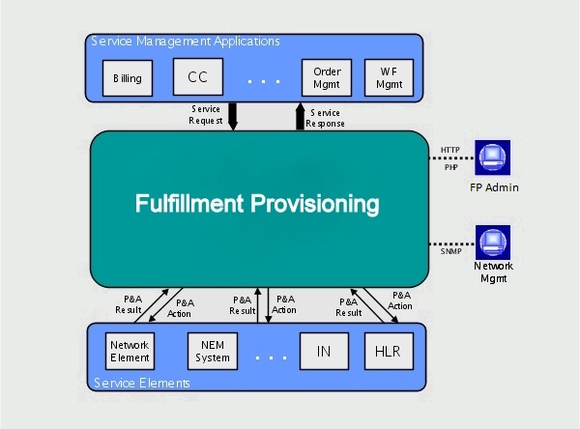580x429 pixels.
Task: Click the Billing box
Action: pos(128,78)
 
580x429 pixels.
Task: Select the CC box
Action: pos(198,77)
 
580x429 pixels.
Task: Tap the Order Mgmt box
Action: pos(327,77)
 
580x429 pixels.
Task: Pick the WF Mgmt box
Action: pos(390,77)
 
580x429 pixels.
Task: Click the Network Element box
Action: pos(130,351)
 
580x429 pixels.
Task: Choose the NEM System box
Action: pos(213,351)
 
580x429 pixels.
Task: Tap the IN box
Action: pos(324,351)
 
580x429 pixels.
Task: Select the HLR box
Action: pos(389,351)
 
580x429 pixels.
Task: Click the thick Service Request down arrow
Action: pos(233,117)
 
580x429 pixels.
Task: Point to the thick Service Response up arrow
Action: pos(300,117)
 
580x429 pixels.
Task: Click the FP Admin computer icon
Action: pos(493,157)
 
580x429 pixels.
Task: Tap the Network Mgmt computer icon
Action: pos(493,243)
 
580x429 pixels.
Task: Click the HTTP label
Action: pos(450,150)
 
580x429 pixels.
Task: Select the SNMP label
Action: pos(450,251)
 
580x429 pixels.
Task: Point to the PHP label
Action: pos(450,167)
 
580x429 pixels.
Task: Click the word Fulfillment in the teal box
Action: pos(189,204)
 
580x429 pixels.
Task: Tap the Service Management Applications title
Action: pos(186,41)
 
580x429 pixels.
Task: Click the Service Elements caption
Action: pos(142,383)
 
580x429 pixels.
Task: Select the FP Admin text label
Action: pos(494,187)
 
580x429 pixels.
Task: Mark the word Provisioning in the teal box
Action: pos(315,205)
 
